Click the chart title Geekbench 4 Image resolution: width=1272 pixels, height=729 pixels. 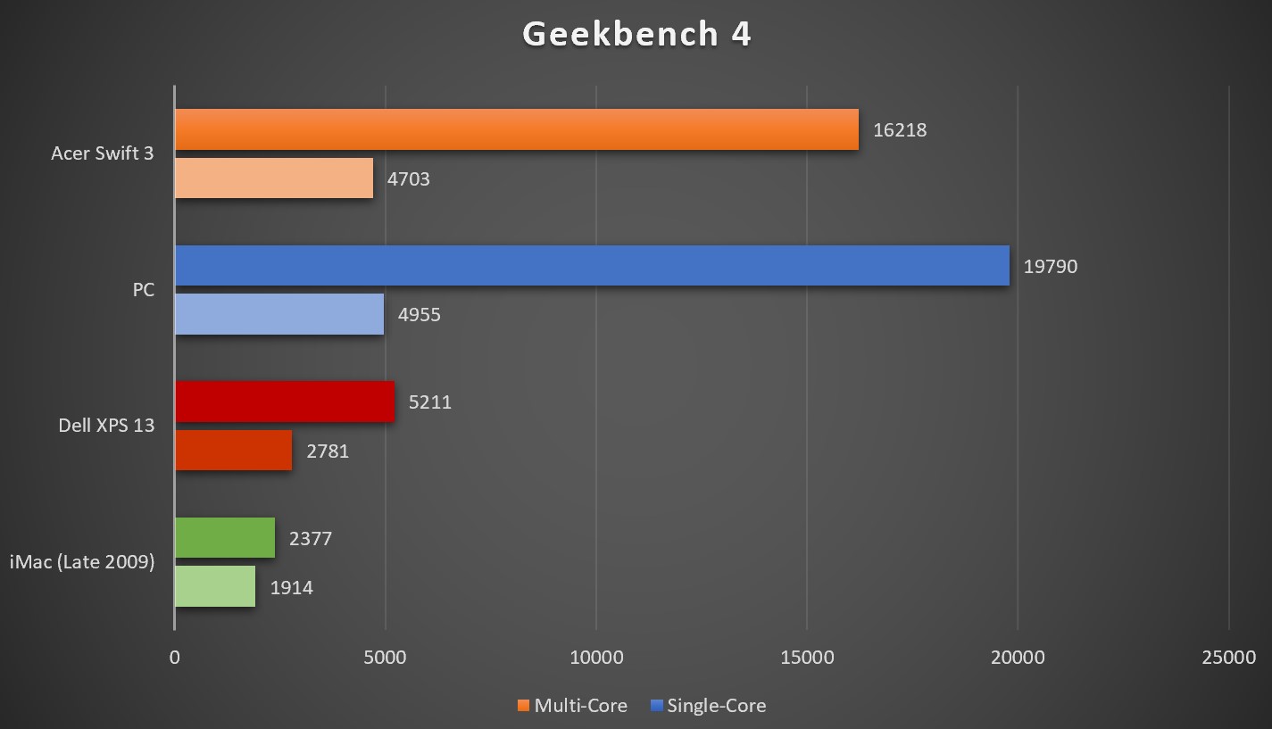[636, 35]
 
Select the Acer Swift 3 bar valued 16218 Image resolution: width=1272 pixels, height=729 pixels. [516, 129]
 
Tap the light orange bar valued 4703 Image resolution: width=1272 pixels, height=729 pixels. [274, 178]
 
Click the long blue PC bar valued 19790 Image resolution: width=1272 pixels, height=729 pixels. [592, 266]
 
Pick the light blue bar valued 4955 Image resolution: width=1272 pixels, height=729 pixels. [279, 314]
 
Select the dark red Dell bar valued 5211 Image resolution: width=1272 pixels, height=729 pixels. [285, 402]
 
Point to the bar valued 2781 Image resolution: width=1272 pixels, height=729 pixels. [234, 451]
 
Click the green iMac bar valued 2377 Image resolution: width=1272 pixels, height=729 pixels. [225, 538]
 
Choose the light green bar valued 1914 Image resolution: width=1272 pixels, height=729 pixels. [215, 587]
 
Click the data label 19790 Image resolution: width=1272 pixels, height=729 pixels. [1051, 267]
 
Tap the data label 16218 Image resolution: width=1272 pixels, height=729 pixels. [900, 130]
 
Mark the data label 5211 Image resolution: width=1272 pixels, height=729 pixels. [430, 402]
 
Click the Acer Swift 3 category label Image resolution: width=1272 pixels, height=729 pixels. [102, 153]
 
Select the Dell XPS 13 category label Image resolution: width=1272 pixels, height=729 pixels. [106, 426]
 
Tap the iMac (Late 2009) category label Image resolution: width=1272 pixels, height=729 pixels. [82, 562]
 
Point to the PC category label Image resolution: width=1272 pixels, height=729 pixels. [143, 290]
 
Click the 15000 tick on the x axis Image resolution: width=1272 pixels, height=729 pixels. [807, 658]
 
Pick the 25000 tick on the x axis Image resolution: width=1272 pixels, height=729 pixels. [1228, 658]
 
